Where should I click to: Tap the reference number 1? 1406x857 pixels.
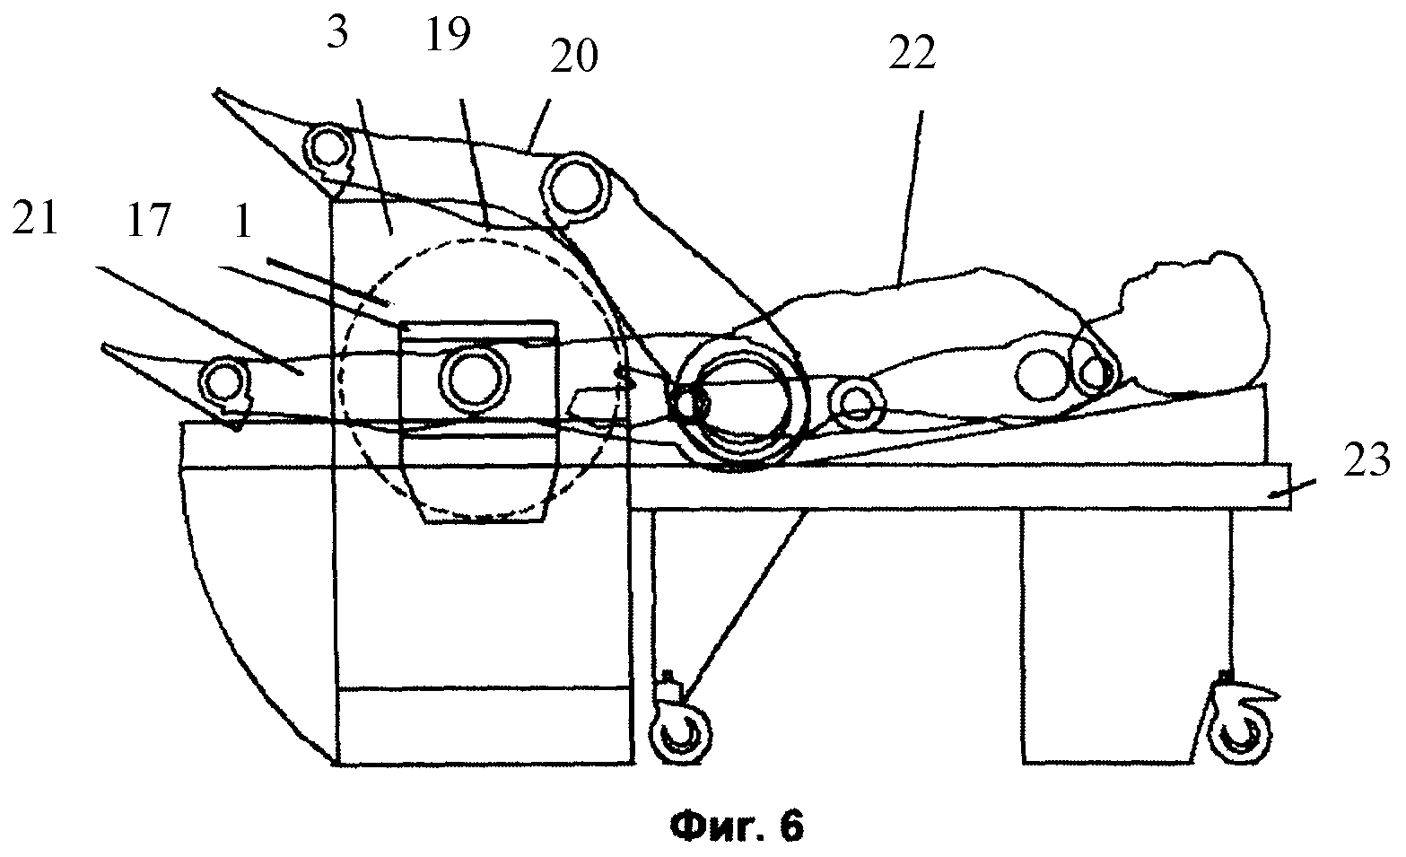240,222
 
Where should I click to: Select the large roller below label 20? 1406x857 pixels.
574,187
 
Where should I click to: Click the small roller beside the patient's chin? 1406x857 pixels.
1093,373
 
